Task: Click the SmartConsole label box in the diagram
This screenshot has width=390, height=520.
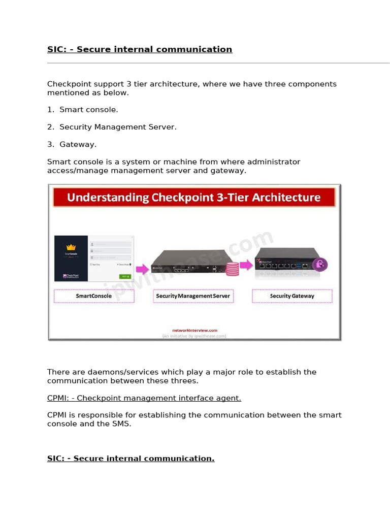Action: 94,296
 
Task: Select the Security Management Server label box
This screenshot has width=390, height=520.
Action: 193,296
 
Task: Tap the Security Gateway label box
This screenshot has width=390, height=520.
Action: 292,296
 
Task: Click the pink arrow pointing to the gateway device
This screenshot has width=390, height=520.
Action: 246,265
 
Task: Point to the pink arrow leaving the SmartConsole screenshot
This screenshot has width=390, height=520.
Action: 143,268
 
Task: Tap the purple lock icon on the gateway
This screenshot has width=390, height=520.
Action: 320,264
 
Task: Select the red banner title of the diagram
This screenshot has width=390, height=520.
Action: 194,197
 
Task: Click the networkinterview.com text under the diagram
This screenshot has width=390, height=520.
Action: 194,330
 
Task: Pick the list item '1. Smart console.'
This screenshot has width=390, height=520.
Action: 83,110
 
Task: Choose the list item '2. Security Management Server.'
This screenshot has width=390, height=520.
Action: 112,127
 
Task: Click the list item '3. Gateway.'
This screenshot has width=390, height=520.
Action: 72,145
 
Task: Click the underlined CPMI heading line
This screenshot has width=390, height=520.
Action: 144,399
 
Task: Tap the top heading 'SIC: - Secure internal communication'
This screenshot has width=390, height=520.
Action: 140,50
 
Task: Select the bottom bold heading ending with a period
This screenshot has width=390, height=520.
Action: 131,459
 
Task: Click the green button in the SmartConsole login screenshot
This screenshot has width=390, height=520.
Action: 125,276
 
